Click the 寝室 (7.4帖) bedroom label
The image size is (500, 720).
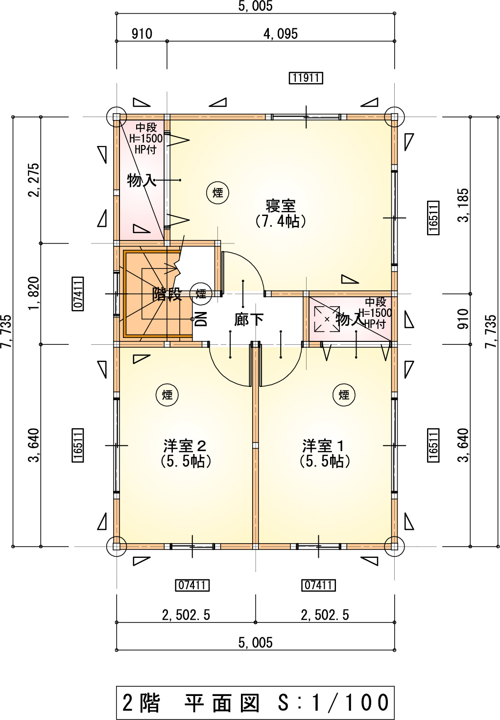281,214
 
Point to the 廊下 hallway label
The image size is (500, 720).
249,320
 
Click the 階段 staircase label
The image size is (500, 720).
167,294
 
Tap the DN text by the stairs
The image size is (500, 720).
201,319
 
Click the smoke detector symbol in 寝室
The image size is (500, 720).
217,193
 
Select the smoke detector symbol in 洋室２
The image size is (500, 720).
167,395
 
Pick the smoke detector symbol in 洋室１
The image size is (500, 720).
344,395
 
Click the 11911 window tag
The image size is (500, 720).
306,78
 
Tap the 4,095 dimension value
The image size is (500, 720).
281,34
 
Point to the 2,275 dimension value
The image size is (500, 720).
34,180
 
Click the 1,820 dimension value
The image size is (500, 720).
34,293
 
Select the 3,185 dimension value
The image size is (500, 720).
463,205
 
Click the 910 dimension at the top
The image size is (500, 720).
142,34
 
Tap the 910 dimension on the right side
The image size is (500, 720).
463,319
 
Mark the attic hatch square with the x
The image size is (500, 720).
327,319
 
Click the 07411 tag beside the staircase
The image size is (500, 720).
78,293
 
